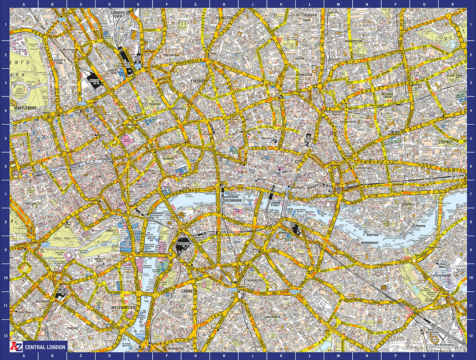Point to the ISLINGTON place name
224,17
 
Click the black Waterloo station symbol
181,246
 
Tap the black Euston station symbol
93,81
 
